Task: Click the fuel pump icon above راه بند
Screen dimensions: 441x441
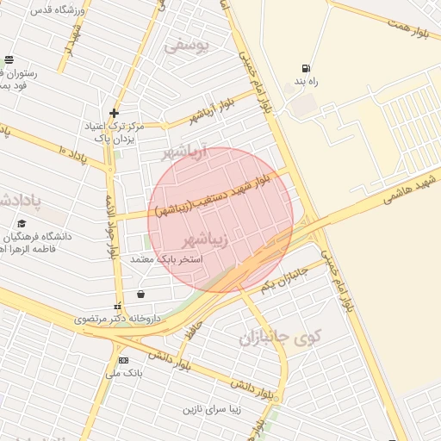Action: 305,69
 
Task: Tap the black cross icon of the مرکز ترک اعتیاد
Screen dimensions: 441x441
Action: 114,113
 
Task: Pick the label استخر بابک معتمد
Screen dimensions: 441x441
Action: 165,258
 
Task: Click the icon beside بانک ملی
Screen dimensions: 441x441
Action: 123,360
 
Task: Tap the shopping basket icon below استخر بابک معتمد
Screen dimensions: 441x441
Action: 140,294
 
